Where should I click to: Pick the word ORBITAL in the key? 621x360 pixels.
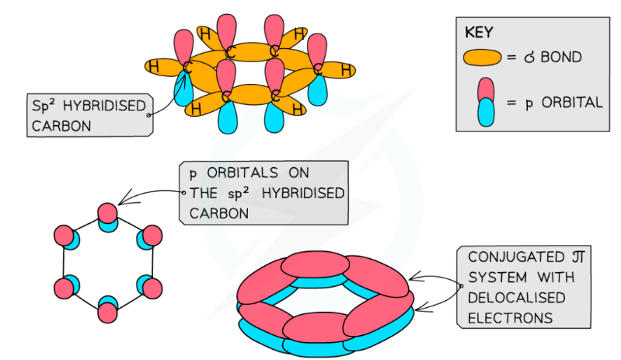(x=570, y=102)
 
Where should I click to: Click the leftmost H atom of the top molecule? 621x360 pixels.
(x=154, y=68)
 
